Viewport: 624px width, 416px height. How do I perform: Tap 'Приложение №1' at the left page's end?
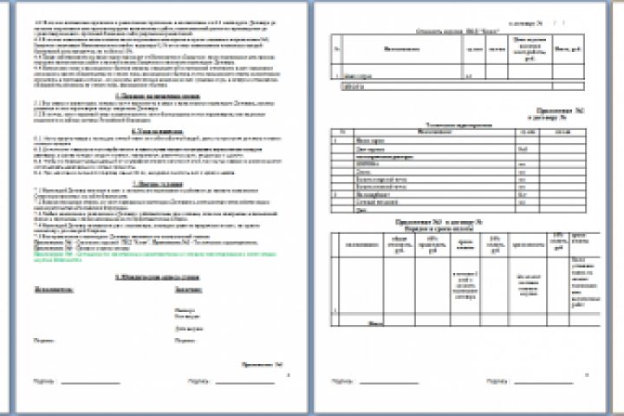(x=264, y=364)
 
